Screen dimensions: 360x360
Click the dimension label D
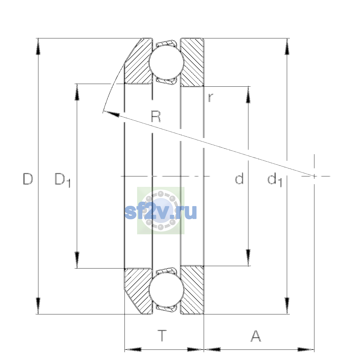(x=28, y=179)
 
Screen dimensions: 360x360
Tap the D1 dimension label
(x=63, y=180)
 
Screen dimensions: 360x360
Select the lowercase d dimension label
(x=239, y=178)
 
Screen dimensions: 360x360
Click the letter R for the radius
(x=156, y=116)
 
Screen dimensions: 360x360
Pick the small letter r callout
(x=211, y=98)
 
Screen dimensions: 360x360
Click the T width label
(x=162, y=336)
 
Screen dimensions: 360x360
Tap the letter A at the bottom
(x=256, y=336)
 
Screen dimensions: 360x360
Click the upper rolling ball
(x=166, y=62)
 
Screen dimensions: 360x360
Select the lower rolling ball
(x=166, y=290)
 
